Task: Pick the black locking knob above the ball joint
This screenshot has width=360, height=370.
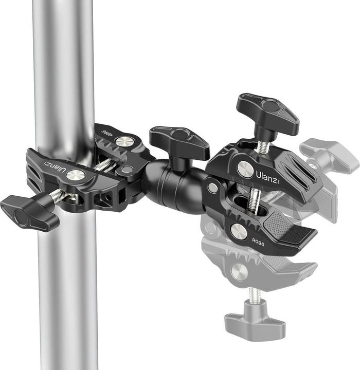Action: (178, 139)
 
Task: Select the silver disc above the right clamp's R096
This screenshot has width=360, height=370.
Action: (239, 231)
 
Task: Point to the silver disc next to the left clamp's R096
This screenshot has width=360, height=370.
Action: (124, 141)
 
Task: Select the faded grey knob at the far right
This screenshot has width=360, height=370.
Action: (329, 154)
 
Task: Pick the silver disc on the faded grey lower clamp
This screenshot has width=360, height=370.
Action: (239, 271)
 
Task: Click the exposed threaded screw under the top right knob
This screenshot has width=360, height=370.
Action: (262, 147)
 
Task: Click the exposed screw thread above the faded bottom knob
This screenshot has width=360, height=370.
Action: (254, 296)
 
